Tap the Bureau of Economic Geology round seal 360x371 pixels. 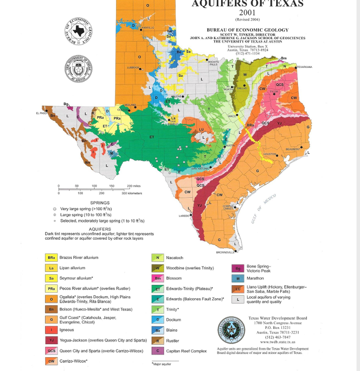tap(79, 31)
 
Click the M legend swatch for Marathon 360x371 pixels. tap(239, 278)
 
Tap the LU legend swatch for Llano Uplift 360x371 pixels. tap(239, 289)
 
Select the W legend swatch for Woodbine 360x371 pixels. tap(158, 268)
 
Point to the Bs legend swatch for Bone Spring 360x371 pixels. tap(239, 268)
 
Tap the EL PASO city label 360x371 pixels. tap(41, 113)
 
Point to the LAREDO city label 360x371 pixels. tap(184, 216)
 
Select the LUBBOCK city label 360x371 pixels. tap(133, 67)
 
